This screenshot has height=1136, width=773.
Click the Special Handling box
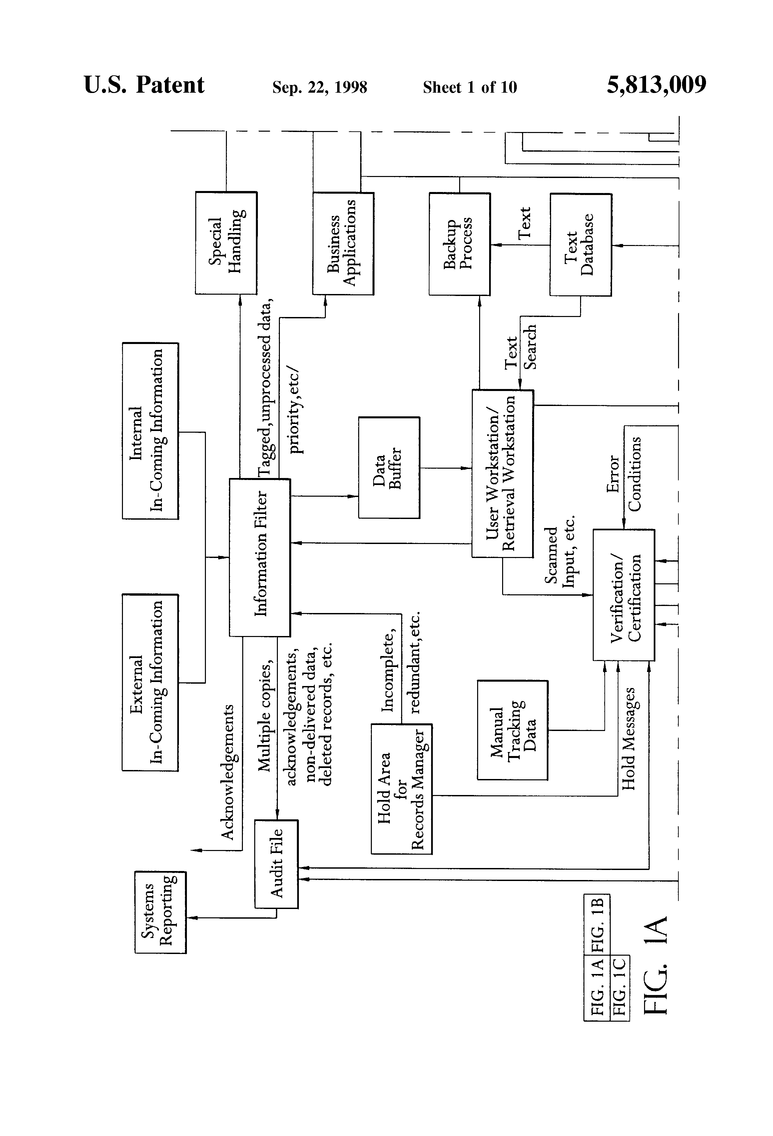[x=226, y=243]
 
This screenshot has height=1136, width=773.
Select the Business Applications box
[x=343, y=243]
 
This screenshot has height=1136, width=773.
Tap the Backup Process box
[x=459, y=244]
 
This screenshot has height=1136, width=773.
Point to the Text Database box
[x=580, y=244]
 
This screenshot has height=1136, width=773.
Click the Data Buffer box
[x=389, y=467]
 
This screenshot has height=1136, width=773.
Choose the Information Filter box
[x=260, y=557]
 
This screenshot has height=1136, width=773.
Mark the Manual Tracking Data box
[x=512, y=730]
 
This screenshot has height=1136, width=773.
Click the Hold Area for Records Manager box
[x=401, y=789]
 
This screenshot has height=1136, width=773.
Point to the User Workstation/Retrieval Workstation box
[x=502, y=474]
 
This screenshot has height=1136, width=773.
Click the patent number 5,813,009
[x=657, y=85]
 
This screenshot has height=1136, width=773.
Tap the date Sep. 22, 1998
[x=320, y=87]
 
